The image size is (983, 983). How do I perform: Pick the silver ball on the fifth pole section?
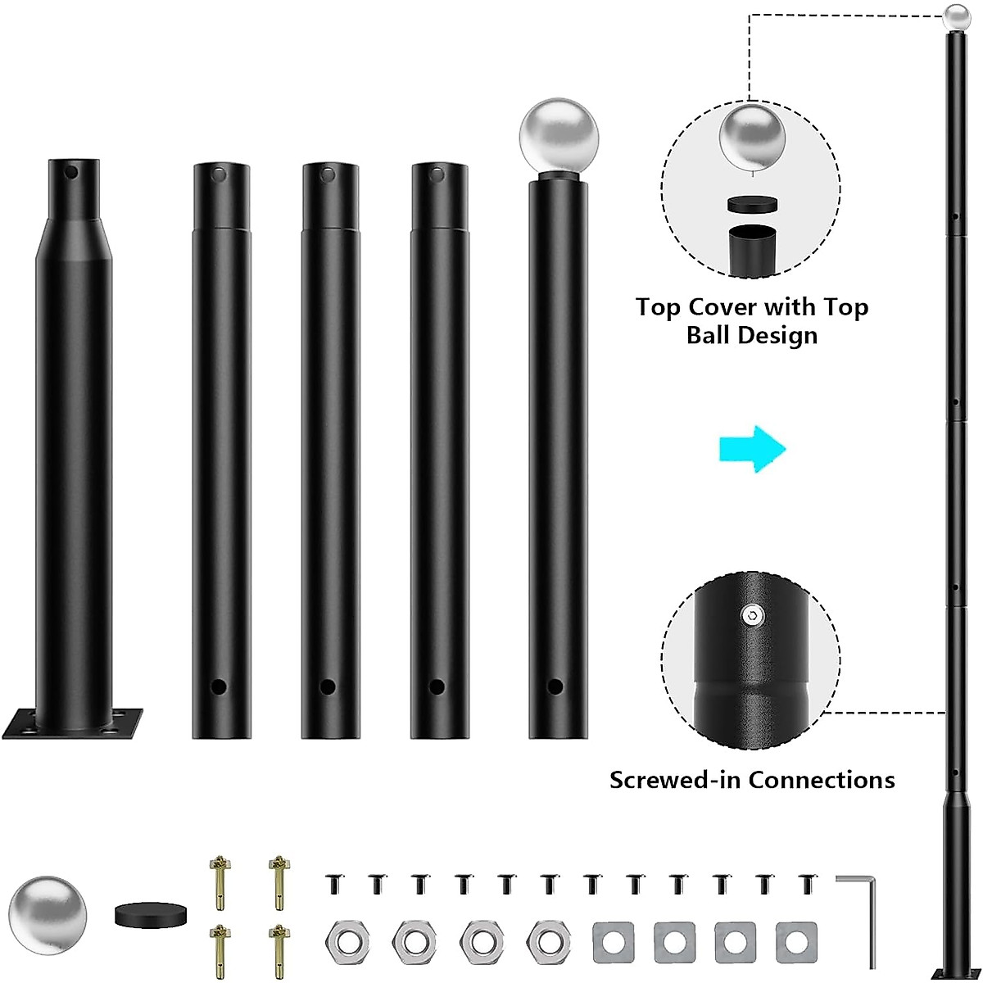(559, 136)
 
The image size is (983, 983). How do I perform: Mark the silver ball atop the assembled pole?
(955, 16)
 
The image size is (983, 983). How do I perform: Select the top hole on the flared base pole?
(72, 174)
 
